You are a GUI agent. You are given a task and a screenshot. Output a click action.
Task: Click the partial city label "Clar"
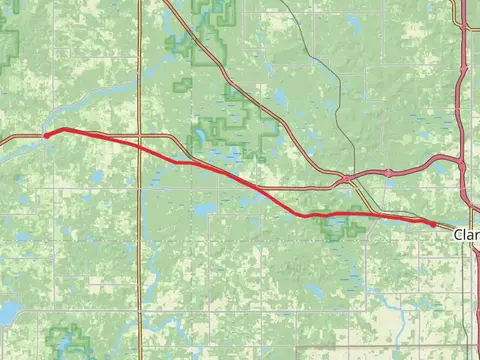[x=466, y=235]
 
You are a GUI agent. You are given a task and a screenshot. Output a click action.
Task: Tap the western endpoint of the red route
[x=46, y=135]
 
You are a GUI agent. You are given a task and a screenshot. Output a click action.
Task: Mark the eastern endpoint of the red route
[x=433, y=225]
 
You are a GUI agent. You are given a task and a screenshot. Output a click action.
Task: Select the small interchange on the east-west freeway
[x=346, y=179]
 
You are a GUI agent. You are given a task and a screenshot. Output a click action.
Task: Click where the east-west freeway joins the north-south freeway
[x=461, y=162]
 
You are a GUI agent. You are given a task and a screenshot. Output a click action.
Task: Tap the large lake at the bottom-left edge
[x=5, y=314]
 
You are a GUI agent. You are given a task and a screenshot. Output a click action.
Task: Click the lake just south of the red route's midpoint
[x=203, y=211]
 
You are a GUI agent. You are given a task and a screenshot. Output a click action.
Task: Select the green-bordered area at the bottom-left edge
[x=68, y=340]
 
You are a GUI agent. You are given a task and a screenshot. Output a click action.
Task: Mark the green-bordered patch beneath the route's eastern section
[x=341, y=225]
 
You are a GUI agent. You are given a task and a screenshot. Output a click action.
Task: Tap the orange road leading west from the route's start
[x=20, y=138]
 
